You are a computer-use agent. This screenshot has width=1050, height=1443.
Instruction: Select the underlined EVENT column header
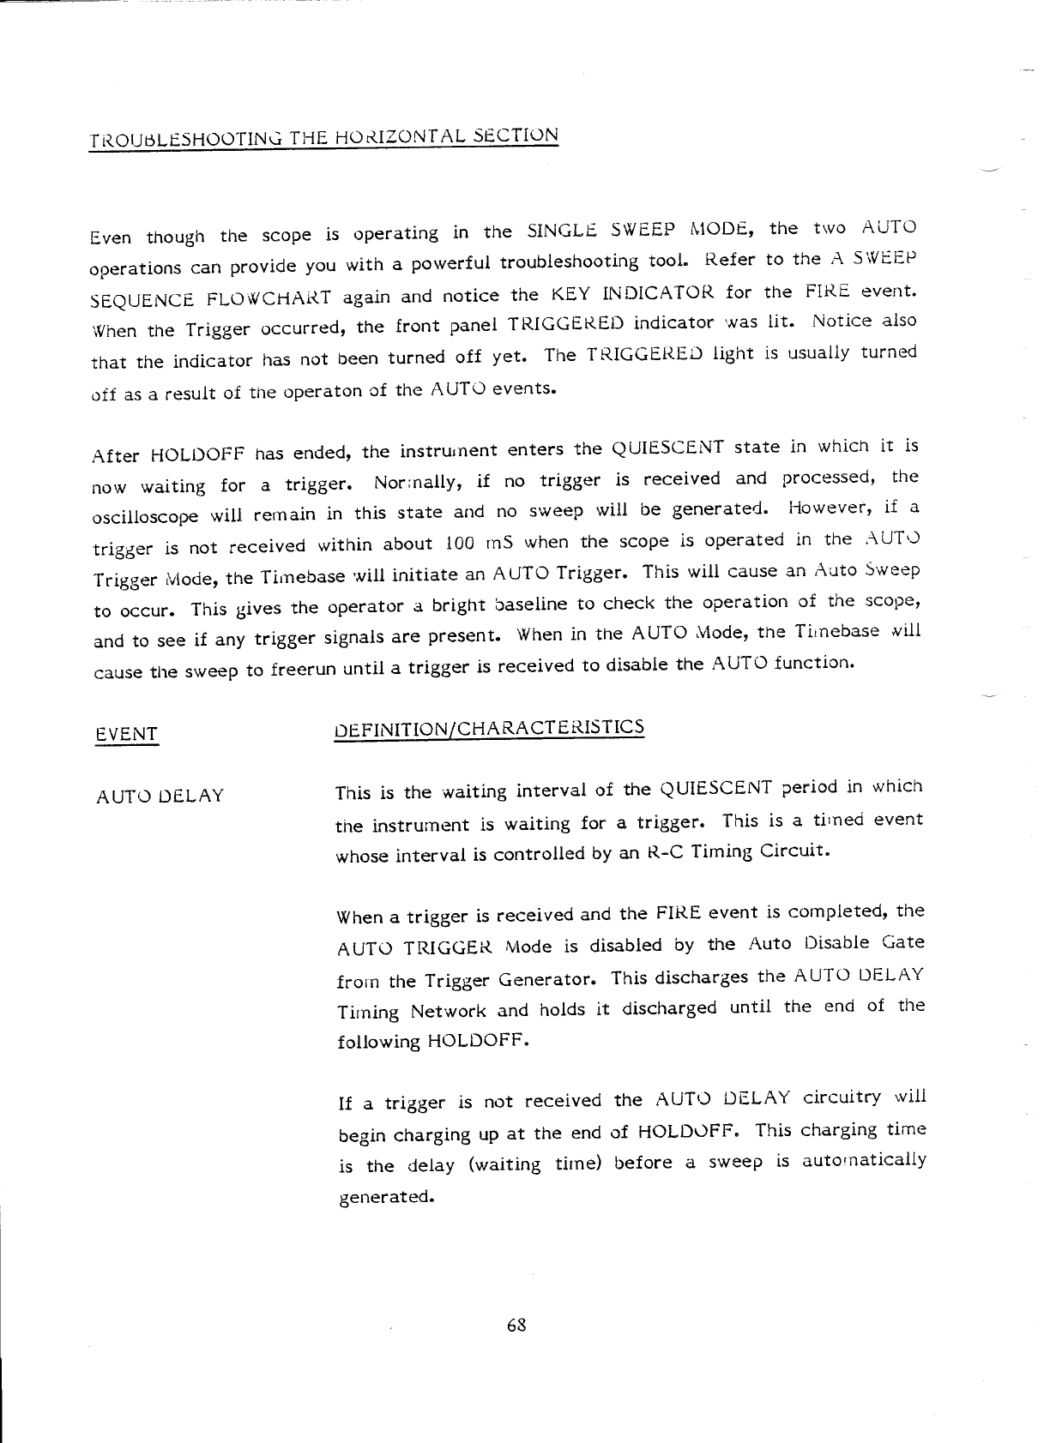click(127, 734)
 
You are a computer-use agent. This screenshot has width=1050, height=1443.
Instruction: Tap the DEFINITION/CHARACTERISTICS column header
click(488, 729)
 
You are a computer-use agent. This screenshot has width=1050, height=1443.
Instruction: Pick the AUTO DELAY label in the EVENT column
click(160, 796)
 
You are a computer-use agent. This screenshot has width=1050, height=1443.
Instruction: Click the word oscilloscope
click(145, 517)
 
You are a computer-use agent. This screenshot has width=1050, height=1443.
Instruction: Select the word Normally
click(419, 480)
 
